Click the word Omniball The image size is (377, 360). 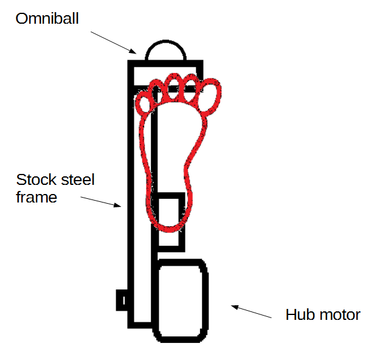pos(47,19)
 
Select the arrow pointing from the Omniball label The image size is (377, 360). pos(116,40)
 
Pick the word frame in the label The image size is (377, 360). pos(36,197)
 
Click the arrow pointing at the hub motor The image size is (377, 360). pos(251,311)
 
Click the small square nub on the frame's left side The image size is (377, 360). pos(121,299)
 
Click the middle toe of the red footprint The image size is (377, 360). pos(176,88)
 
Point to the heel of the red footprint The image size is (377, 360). pos(168,216)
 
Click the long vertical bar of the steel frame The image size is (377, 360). pos(131,201)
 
